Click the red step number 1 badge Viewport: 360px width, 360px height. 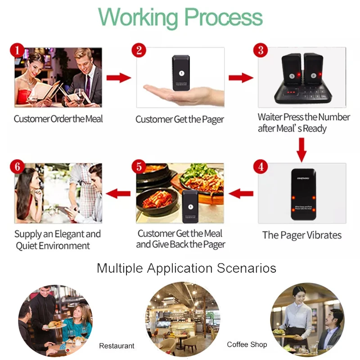17,50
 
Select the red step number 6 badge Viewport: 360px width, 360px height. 17,166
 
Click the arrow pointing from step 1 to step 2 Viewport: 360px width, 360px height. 118,78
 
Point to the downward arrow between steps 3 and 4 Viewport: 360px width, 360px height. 301,150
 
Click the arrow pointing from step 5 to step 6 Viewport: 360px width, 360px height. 118,194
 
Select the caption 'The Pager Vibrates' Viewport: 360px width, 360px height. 301,235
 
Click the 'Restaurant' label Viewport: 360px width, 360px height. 117,346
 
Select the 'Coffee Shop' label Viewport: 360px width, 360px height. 247,345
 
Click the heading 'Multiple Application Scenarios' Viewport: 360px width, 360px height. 186,269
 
